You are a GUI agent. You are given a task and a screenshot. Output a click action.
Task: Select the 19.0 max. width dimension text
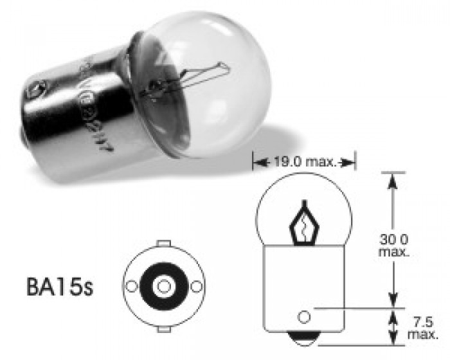coord(303,163)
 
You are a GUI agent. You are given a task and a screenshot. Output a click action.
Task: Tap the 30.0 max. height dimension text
coord(393,244)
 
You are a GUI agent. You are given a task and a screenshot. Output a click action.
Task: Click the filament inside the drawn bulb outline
coord(302,225)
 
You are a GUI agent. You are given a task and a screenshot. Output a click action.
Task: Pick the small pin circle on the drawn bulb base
coord(305,316)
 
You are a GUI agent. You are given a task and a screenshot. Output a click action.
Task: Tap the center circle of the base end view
coord(164,285)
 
